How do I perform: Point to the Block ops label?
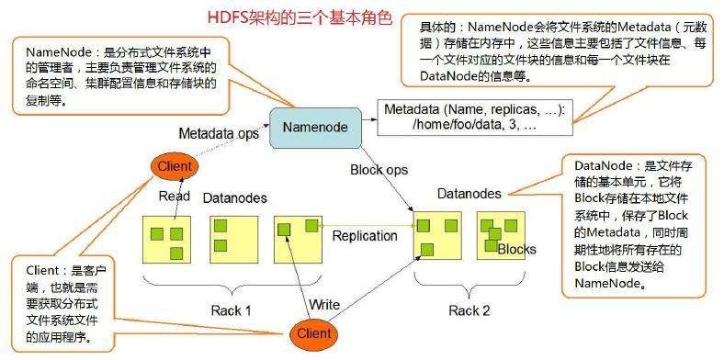click(379, 169)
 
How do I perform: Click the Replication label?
click(365, 235)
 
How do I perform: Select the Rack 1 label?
click(226, 309)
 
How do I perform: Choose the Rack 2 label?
click(469, 309)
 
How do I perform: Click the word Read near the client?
click(174, 196)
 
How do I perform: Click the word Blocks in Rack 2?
click(516, 249)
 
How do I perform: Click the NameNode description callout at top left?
click(124, 73)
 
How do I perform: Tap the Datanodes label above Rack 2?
click(469, 193)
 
